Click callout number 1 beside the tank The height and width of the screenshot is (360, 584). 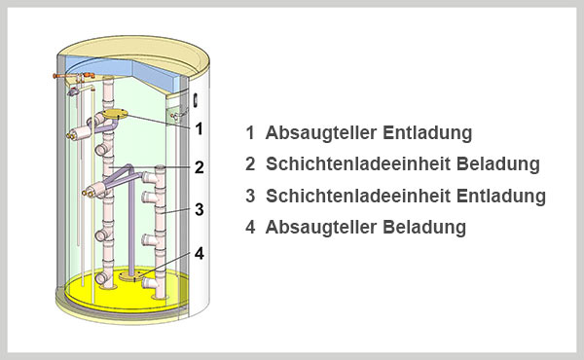pyautogui.click(x=200, y=128)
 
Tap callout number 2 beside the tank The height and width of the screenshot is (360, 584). pyautogui.click(x=200, y=167)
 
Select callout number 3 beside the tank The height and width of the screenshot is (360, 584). pyautogui.click(x=200, y=209)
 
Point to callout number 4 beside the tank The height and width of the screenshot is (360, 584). pyautogui.click(x=200, y=254)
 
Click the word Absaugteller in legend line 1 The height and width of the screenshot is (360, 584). pyautogui.click(x=320, y=133)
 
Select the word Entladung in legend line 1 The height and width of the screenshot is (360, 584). pyautogui.click(x=427, y=132)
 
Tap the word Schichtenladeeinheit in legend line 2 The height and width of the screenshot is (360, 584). pyautogui.click(x=358, y=163)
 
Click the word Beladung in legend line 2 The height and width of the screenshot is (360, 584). pyautogui.click(x=498, y=163)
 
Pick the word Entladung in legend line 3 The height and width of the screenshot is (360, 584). pyautogui.click(x=501, y=196)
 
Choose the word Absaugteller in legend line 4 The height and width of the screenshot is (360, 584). pyautogui.click(x=320, y=228)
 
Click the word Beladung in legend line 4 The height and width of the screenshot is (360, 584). pyautogui.click(x=424, y=227)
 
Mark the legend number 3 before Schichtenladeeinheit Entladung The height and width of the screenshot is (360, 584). pyautogui.click(x=250, y=196)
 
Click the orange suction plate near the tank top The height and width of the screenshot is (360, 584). pyautogui.click(x=115, y=114)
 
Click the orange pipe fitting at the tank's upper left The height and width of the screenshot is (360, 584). pyautogui.click(x=73, y=76)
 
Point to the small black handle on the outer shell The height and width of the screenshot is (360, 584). pyautogui.click(x=195, y=100)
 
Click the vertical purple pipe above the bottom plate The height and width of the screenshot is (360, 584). pyautogui.click(x=131, y=224)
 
